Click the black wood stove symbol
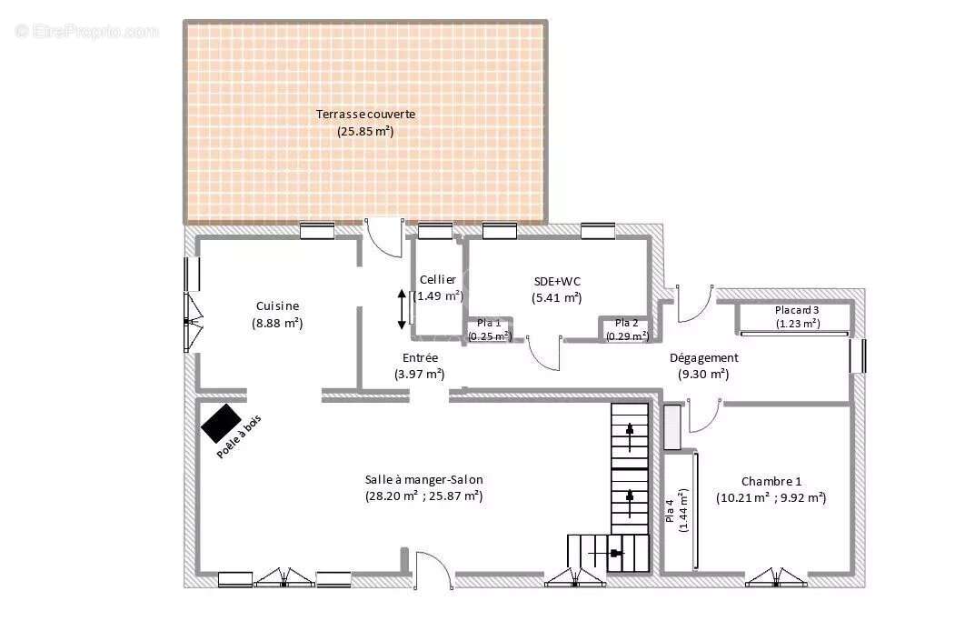[222, 423]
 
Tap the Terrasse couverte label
[365, 115]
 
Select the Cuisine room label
[277, 306]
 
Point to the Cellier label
[438, 280]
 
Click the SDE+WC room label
[556, 281]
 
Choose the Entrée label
[419, 358]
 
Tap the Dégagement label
[703, 358]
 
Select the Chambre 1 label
[771, 481]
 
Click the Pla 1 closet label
[489, 323]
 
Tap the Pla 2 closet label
[627, 323]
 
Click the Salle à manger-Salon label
[423, 480]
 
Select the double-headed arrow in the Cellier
[402, 310]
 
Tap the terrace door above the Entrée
[383, 240]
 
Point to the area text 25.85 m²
[365, 131]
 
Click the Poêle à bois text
[239, 436]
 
